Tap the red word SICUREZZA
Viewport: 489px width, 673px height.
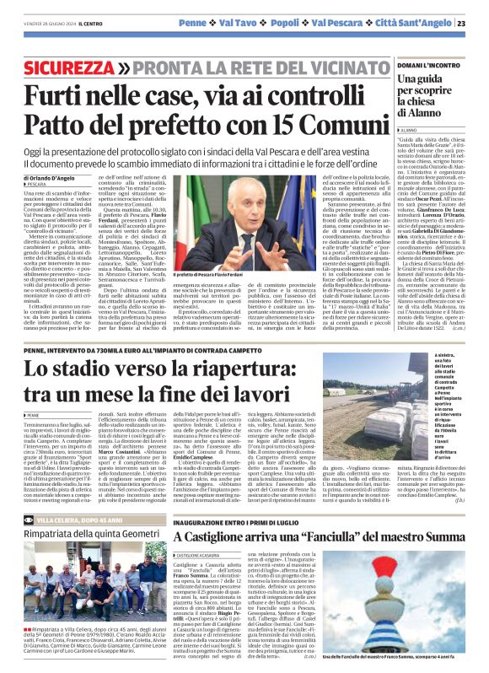(68, 65)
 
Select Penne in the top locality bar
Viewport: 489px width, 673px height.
(192, 22)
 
